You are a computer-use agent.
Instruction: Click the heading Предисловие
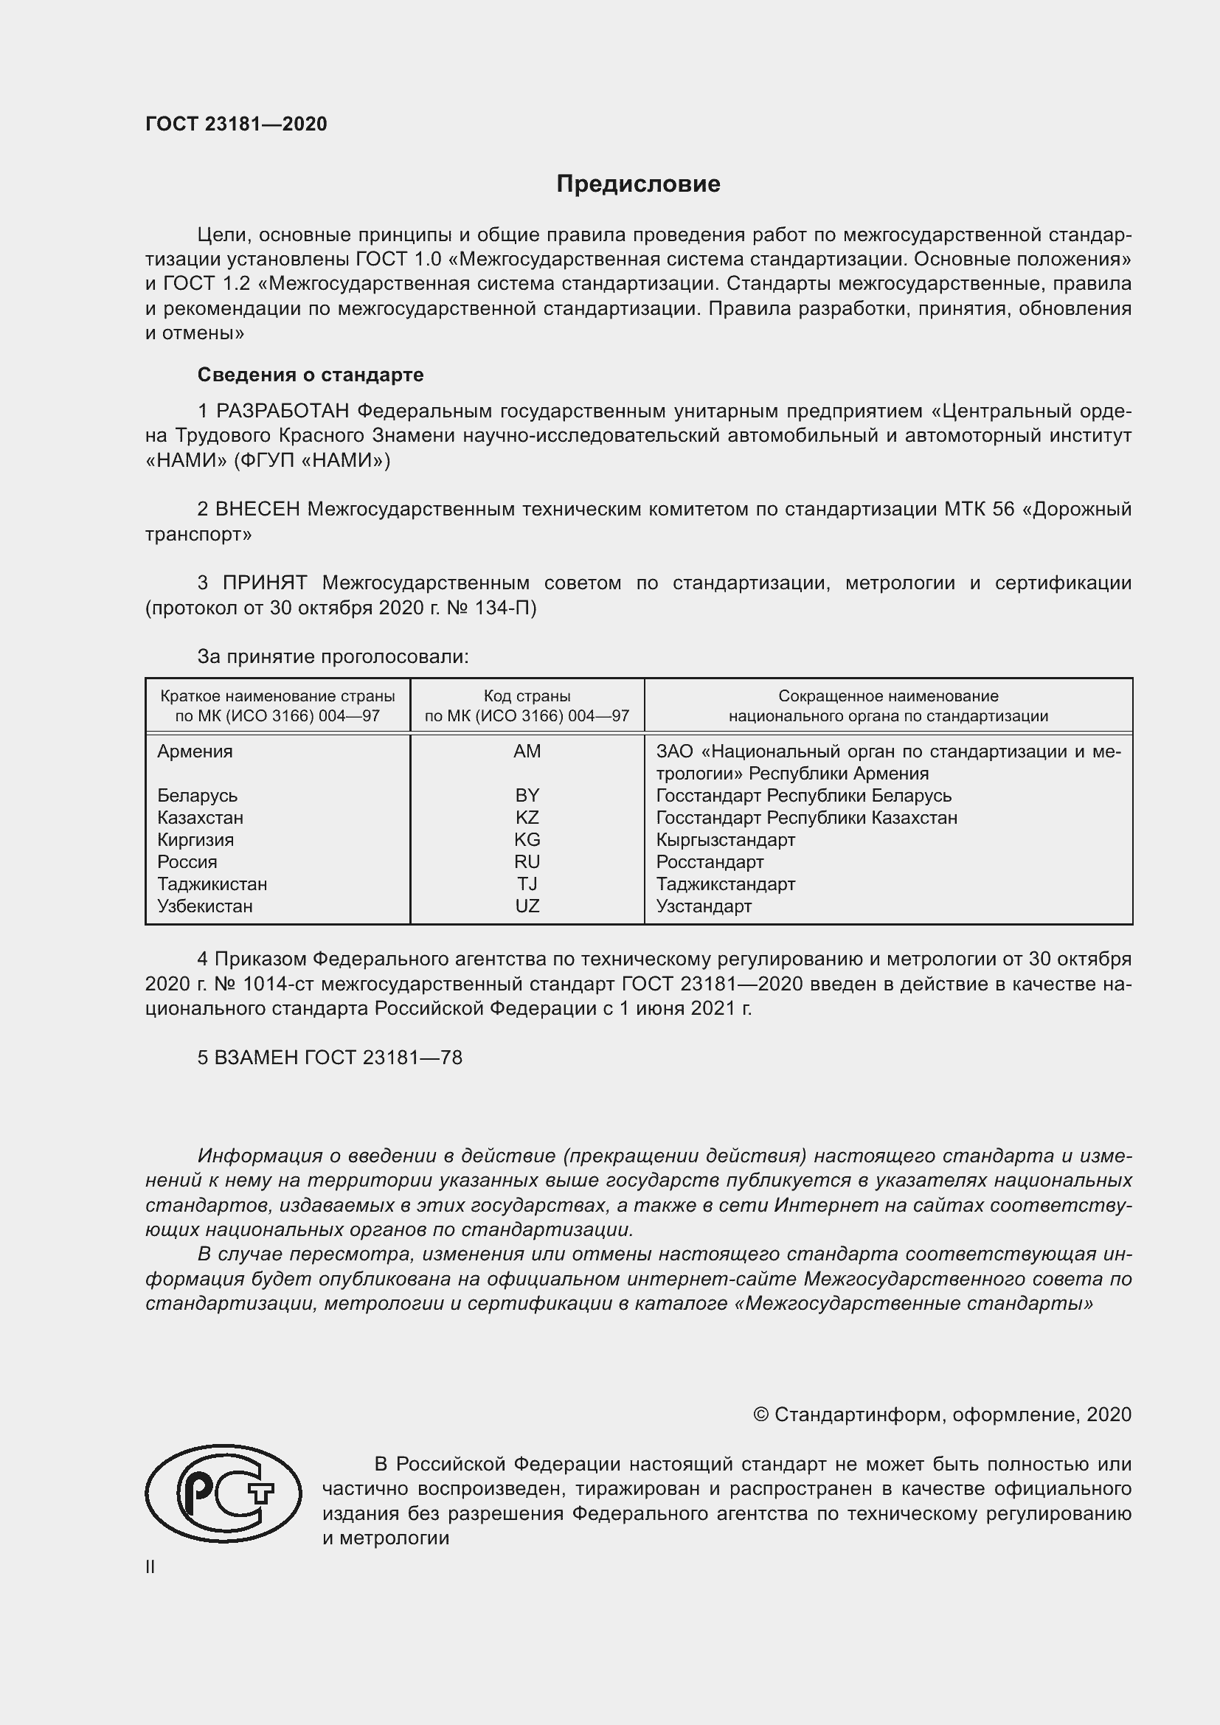(x=638, y=184)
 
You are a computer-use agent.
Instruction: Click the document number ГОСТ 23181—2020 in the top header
(x=236, y=124)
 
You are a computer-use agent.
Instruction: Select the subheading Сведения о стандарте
(x=311, y=374)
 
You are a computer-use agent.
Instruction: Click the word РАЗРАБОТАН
(x=283, y=411)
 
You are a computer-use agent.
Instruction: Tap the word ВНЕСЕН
(x=257, y=510)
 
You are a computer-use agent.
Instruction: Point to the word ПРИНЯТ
(x=265, y=583)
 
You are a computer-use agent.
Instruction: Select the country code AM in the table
(x=527, y=752)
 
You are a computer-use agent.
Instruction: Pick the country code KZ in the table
(x=527, y=817)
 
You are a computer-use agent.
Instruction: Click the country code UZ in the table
(x=527, y=906)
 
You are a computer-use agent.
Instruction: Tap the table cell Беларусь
(x=197, y=796)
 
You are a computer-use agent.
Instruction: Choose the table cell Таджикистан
(x=212, y=884)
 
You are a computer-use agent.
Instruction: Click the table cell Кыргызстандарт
(x=725, y=840)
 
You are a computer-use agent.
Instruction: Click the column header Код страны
(x=527, y=696)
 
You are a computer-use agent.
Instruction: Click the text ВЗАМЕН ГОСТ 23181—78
(x=330, y=1058)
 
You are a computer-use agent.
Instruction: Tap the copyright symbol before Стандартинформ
(x=760, y=1415)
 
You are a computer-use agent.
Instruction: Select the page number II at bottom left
(x=150, y=1567)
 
